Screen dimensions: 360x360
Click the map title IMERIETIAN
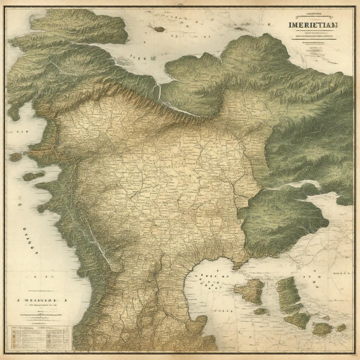point(313,25)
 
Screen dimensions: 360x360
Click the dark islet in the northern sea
point(159,29)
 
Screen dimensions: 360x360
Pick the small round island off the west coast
point(15,157)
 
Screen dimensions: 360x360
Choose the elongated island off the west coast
point(34,175)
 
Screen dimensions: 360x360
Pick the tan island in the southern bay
point(251,290)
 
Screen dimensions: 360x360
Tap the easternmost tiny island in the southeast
point(341,328)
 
